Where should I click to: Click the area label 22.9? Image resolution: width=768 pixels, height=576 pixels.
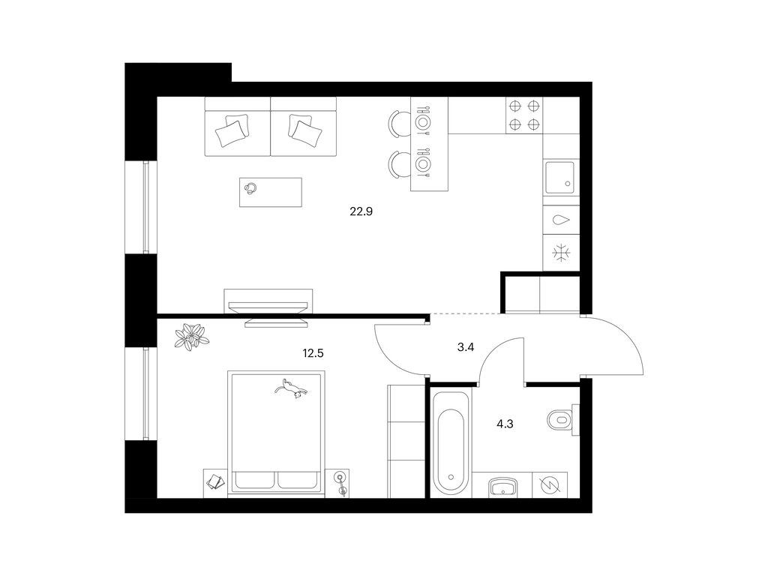click(361, 211)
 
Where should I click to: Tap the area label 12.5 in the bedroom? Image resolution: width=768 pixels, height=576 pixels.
click(313, 353)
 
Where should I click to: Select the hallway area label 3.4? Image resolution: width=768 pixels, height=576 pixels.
click(465, 347)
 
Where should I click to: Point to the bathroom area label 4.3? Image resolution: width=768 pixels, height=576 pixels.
click(505, 424)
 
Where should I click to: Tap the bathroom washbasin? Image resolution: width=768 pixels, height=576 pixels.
click(502, 487)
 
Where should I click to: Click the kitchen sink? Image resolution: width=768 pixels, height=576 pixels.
click(561, 177)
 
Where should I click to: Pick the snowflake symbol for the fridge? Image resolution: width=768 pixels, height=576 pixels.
click(561, 253)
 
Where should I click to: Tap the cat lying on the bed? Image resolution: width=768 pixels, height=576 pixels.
click(292, 388)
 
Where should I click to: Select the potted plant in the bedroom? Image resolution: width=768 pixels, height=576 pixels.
click(192, 337)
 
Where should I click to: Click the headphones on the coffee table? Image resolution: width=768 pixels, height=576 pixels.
click(251, 188)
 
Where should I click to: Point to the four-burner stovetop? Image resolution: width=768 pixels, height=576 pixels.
click(524, 115)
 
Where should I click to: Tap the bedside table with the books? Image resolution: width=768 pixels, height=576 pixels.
click(215, 484)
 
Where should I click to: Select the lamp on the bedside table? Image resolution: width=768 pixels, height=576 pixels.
click(341, 483)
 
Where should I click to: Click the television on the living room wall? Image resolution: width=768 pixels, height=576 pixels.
click(268, 307)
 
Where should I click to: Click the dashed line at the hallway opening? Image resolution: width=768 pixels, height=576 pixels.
click(465, 313)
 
